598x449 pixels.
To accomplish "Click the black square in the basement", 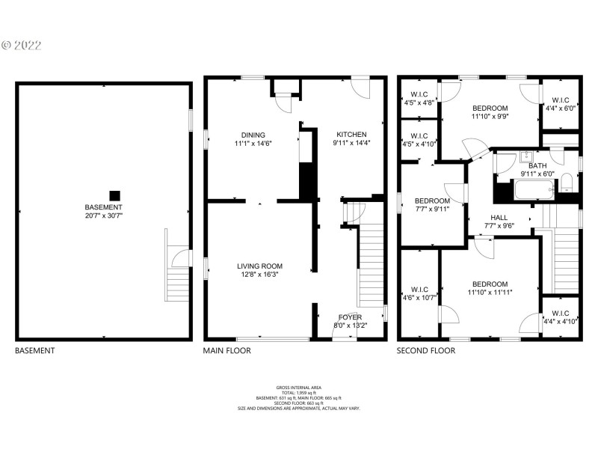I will (x=114, y=193).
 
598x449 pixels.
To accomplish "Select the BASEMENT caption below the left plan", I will (x=34, y=350).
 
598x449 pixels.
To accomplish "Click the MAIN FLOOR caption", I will (x=227, y=350).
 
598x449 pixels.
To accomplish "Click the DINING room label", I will (x=253, y=135).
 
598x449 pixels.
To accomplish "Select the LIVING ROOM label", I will (x=260, y=266).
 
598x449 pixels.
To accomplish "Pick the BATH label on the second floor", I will (x=537, y=165).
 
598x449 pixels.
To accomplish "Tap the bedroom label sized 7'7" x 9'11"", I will (x=432, y=201).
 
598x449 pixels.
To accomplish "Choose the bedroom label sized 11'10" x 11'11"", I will (x=490, y=284).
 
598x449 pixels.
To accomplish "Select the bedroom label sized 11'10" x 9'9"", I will (x=490, y=108).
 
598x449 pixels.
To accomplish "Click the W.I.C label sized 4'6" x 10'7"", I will (x=419, y=290).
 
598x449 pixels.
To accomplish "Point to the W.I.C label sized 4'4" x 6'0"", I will (x=561, y=100).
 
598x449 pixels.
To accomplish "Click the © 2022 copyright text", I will (x=22, y=45).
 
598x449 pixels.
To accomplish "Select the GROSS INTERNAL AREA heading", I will (x=298, y=387).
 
